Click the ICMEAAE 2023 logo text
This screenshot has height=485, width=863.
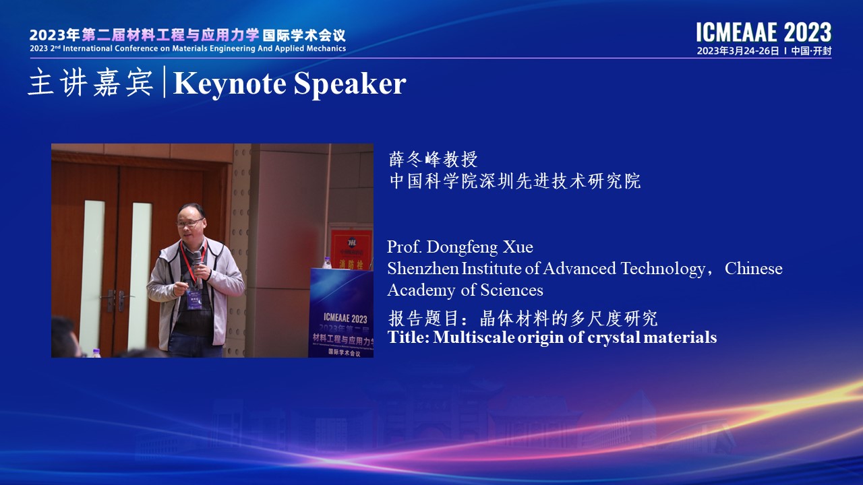764,32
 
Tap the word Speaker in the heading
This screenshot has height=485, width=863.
350,84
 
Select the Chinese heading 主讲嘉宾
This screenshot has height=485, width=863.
90,83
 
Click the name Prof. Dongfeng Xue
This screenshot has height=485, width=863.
460,247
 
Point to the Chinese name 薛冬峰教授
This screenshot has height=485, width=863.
434,160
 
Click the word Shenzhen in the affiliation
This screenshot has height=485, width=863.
423,268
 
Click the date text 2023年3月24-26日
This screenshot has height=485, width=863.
738,51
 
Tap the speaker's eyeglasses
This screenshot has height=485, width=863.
189,222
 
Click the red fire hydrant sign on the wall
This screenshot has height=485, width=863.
351,249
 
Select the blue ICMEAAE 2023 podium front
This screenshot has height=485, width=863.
341,313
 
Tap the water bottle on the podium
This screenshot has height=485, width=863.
327,263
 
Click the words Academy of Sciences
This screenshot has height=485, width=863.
465,290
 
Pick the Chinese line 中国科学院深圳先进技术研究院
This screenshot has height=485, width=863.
515,181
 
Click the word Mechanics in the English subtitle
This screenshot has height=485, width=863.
325,48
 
